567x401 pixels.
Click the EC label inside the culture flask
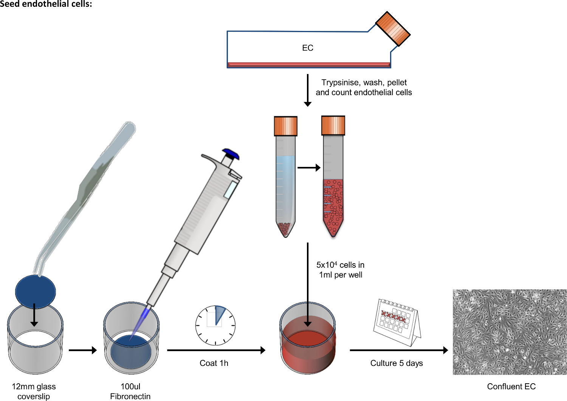(x=308, y=48)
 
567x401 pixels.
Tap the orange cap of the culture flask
(x=393, y=29)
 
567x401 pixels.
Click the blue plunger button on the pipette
(x=231, y=154)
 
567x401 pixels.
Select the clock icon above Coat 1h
(x=215, y=325)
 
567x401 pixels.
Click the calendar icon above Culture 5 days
(x=397, y=321)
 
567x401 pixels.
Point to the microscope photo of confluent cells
(x=510, y=332)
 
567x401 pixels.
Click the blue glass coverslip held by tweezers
(x=36, y=291)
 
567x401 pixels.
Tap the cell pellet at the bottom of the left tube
(x=285, y=228)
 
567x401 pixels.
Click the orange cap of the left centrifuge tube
(x=285, y=126)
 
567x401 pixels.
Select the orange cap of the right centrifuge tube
(x=333, y=126)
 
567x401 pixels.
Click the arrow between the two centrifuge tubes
(x=309, y=168)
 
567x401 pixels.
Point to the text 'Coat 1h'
(x=214, y=363)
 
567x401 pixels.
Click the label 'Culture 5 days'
(x=397, y=363)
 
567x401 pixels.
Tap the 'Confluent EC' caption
(x=511, y=387)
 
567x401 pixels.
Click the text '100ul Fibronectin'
(x=130, y=391)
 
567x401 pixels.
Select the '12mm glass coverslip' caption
(x=34, y=391)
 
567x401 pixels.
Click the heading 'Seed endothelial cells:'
(x=46, y=4)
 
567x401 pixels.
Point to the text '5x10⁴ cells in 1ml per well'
(x=341, y=270)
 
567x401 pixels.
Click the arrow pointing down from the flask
(x=308, y=91)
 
